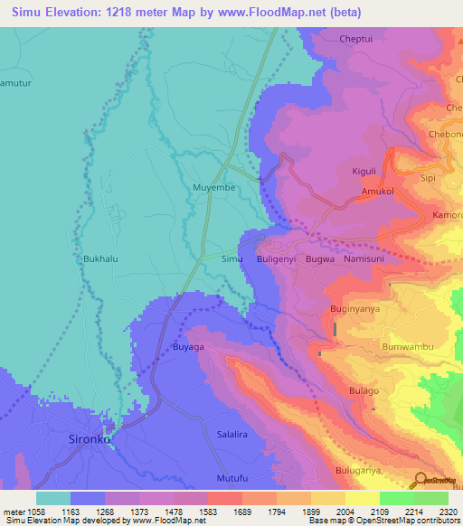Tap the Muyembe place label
tap(213, 187)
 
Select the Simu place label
tap(232, 258)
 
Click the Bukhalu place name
tap(100, 258)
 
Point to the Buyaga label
tap(189, 346)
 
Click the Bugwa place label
tap(320, 258)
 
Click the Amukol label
tap(378, 193)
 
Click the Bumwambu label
tap(409, 347)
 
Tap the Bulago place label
tap(364, 390)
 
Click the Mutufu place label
tap(231, 477)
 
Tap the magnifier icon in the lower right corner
tap(420, 480)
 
